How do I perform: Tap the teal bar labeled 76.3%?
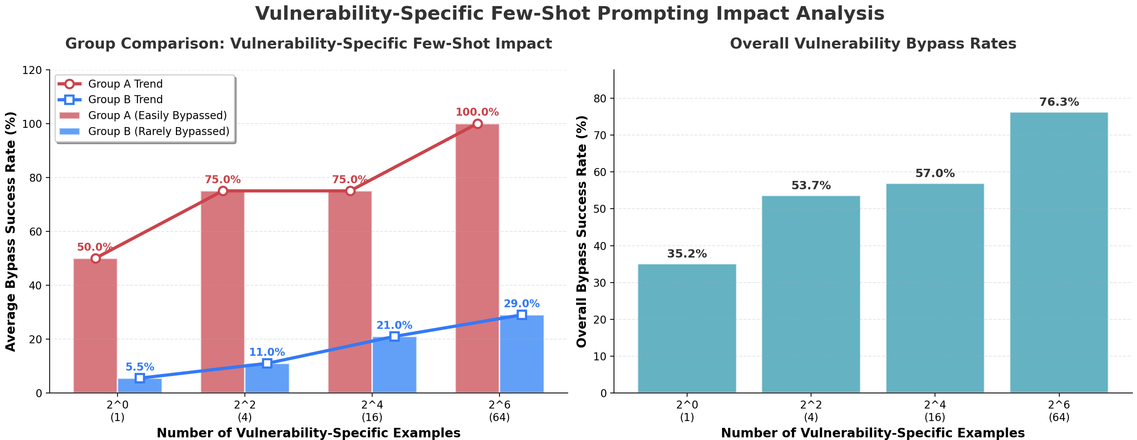pyautogui.click(x=1059, y=252)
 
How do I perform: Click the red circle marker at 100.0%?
pyautogui.click(x=477, y=124)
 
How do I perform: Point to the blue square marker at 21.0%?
pyautogui.click(x=394, y=336)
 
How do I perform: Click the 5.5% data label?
pyautogui.click(x=139, y=367)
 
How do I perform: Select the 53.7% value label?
pyautogui.click(x=810, y=185)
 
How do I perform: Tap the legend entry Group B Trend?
pyautogui.click(x=125, y=99)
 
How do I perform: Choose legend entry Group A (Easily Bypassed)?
pyautogui.click(x=157, y=115)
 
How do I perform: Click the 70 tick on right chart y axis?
pyautogui.click(x=601, y=135)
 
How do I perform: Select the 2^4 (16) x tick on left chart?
pyautogui.click(x=372, y=411)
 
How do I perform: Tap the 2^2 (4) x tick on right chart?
pyautogui.click(x=810, y=411)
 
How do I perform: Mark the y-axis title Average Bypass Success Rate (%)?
pyautogui.click(x=11, y=231)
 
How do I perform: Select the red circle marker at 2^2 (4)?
pyautogui.click(x=223, y=191)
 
